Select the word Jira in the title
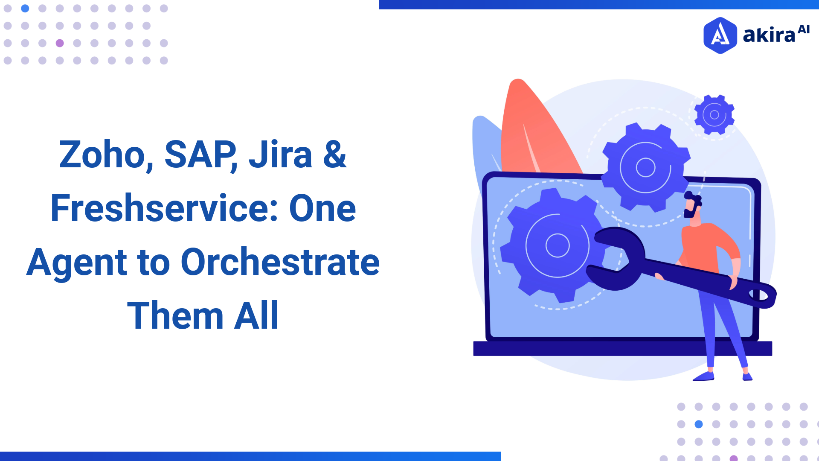click(280, 155)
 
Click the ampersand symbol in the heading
click(335, 155)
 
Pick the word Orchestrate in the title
click(280, 262)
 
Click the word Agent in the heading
click(77, 263)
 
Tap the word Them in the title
click(175, 316)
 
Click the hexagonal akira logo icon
click(720, 35)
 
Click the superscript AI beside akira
click(804, 29)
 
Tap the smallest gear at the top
click(714, 115)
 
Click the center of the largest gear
click(558, 245)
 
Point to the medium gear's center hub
click(645, 167)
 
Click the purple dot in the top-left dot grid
click(60, 43)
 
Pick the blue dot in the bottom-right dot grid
click(699, 424)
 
